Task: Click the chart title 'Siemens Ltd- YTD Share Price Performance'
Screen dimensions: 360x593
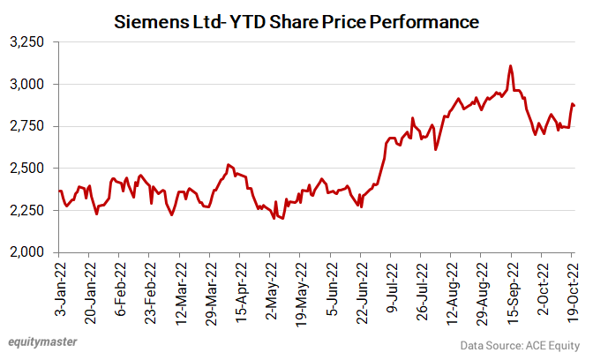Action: tap(297, 19)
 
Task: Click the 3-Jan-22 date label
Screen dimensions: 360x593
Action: tap(60, 287)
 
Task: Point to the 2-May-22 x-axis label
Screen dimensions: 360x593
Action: tap(271, 288)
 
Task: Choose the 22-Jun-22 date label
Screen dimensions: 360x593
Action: tap(361, 289)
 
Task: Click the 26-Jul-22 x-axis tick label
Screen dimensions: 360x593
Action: tap(421, 288)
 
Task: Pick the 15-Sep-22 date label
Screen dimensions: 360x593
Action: tap(511, 289)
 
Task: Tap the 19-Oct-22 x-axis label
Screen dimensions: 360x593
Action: tap(572, 288)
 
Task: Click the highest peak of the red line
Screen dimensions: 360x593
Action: tap(511, 66)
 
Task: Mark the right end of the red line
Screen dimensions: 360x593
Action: tap(574, 106)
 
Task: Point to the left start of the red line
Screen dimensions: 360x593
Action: tap(58, 191)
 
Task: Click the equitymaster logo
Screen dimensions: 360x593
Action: tap(42, 341)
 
